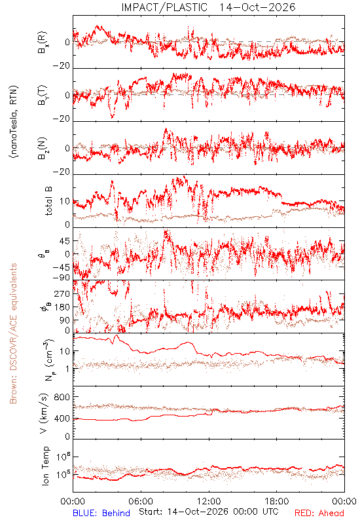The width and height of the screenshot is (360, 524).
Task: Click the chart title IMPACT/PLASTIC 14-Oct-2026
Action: (x=208, y=7)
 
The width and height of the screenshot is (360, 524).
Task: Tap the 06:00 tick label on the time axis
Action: (x=141, y=501)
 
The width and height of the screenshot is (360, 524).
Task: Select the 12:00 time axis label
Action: (x=209, y=501)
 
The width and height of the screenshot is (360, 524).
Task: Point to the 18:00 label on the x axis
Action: (x=277, y=501)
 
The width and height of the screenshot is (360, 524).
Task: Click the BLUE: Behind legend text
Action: (x=101, y=513)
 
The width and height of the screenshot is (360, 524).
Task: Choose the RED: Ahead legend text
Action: (x=319, y=513)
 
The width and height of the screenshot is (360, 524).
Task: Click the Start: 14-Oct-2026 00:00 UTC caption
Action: (x=209, y=512)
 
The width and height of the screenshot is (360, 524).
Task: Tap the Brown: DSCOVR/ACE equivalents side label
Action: (x=13, y=333)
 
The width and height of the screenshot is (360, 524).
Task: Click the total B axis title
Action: (x=48, y=201)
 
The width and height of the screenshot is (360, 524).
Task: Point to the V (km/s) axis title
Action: (x=44, y=413)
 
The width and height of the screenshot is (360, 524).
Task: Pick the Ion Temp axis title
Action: (x=45, y=466)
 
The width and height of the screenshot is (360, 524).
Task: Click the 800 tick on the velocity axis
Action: (x=62, y=397)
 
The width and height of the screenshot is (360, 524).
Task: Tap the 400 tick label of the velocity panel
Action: (x=62, y=419)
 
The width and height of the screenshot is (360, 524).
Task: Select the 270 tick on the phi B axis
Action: (x=62, y=294)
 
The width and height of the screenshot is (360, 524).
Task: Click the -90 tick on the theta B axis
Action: (x=62, y=278)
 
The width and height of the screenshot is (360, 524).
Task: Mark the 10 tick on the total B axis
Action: (x=65, y=201)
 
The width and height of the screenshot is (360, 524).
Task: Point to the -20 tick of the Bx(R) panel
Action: (x=62, y=66)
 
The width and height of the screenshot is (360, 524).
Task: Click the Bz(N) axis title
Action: (x=43, y=148)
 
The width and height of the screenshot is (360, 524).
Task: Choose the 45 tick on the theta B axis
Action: (x=65, y=241)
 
